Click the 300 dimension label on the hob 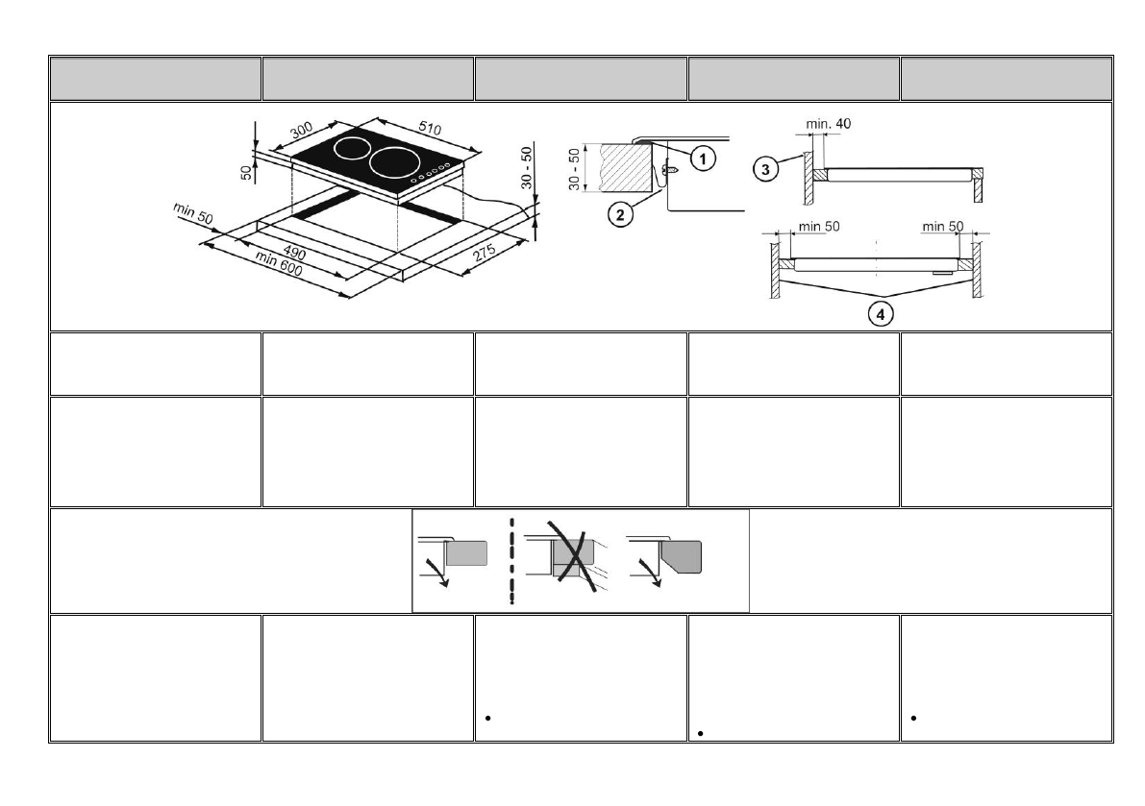tap(302, 133)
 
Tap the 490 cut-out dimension tap(293, 248)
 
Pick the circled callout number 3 tap(764, 168)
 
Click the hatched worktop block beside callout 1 tap(626, 166)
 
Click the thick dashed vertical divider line tap(512, 561)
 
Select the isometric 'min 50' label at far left tap(193, 213)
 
